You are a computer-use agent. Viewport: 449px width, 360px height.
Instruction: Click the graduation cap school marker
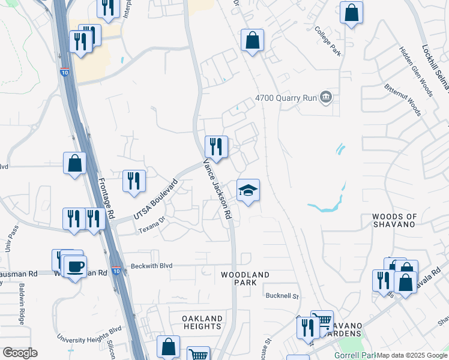[249, 191]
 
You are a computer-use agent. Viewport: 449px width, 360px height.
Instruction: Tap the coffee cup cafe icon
[75, 267]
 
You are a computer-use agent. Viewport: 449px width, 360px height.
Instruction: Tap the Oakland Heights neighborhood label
[203, 322]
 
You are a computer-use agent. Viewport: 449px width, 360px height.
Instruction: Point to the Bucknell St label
[282, 296]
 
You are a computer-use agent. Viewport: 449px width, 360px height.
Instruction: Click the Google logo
[20, 353]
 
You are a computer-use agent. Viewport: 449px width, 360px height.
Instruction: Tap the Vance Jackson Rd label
[217, 189]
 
